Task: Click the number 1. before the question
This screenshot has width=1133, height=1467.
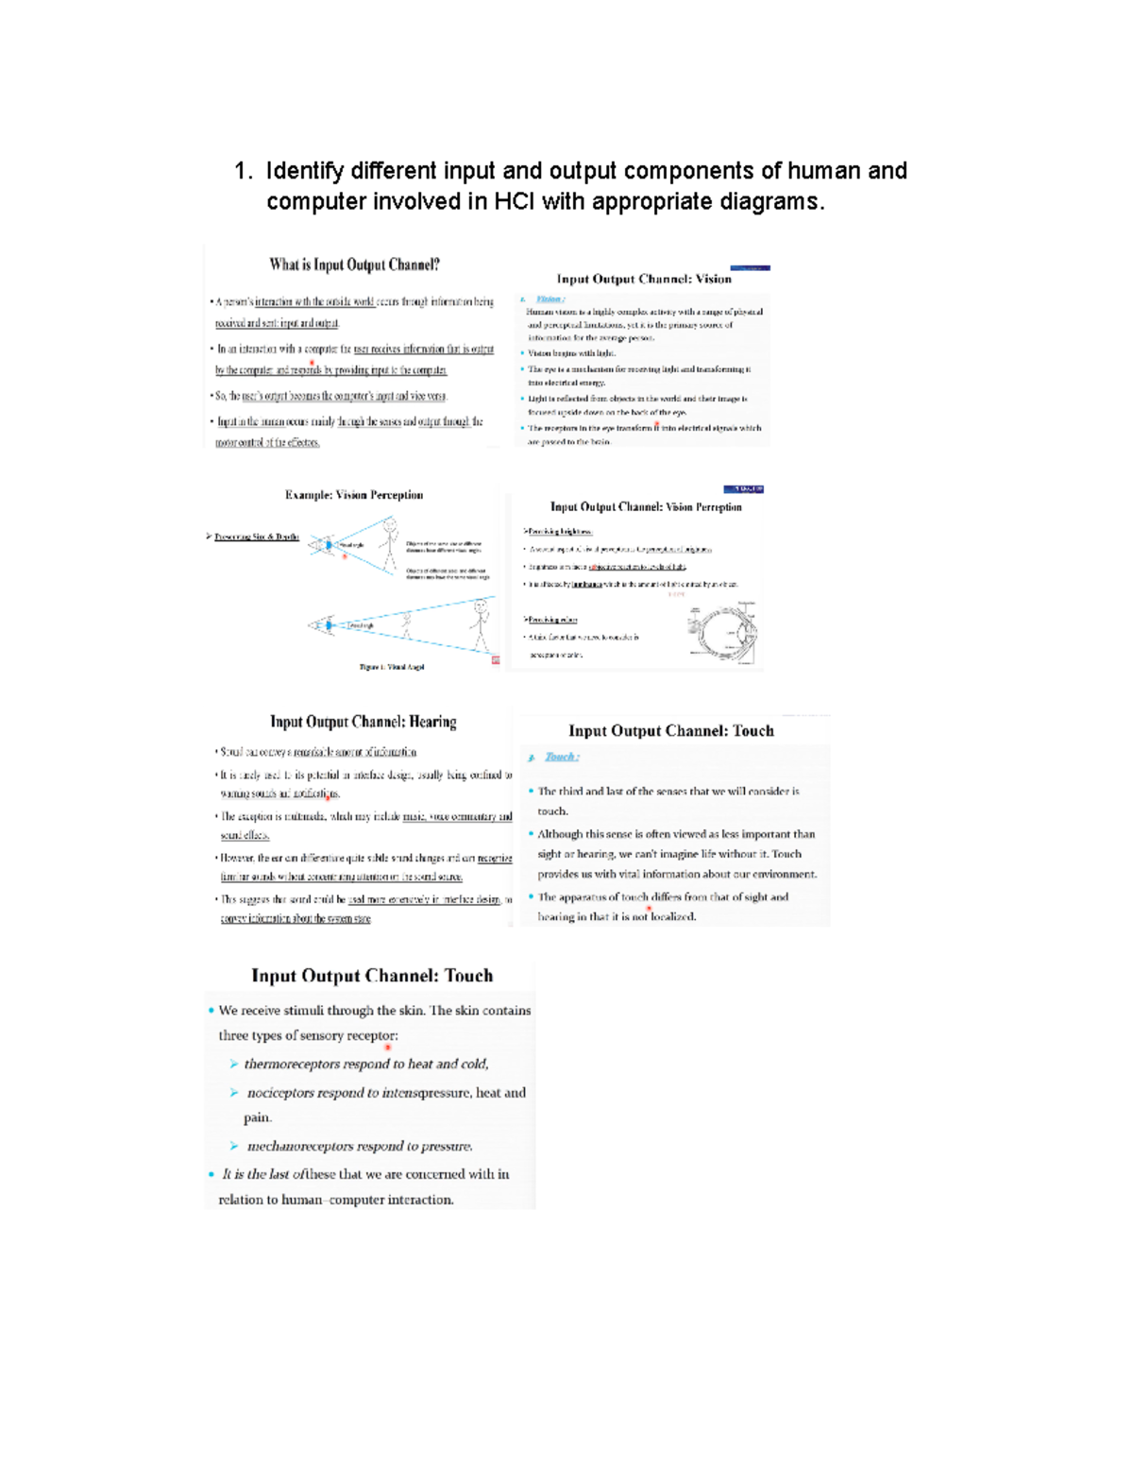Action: click(x=244, y=171)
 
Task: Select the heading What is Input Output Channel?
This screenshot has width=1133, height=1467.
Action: click(x=354, y=264)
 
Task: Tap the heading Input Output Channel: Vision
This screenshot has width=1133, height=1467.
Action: click(x=643, y=279)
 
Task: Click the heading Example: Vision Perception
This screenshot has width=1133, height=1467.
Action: click(x=354, y=495)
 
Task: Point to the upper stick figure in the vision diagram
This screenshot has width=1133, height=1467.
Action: click(x=389, y=540)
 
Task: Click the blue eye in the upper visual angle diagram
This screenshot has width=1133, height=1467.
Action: click(x=328, y=545)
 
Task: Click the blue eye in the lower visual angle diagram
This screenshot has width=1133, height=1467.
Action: click(x=328, y=624)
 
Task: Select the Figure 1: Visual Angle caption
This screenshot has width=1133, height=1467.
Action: click(x=392, y=667)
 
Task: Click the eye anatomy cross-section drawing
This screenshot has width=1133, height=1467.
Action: click(x=724, y=631)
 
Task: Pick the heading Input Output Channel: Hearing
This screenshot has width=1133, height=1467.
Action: click(x=364, y=722)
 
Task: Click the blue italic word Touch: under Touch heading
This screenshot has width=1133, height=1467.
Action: click(x=562, y=757)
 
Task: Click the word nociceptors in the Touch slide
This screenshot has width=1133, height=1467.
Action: click(x=280, y=1093)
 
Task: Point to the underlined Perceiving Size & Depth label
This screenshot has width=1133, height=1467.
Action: click(x=256, y=537)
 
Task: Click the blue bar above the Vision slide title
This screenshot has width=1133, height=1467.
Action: click(x=750, y=268)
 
